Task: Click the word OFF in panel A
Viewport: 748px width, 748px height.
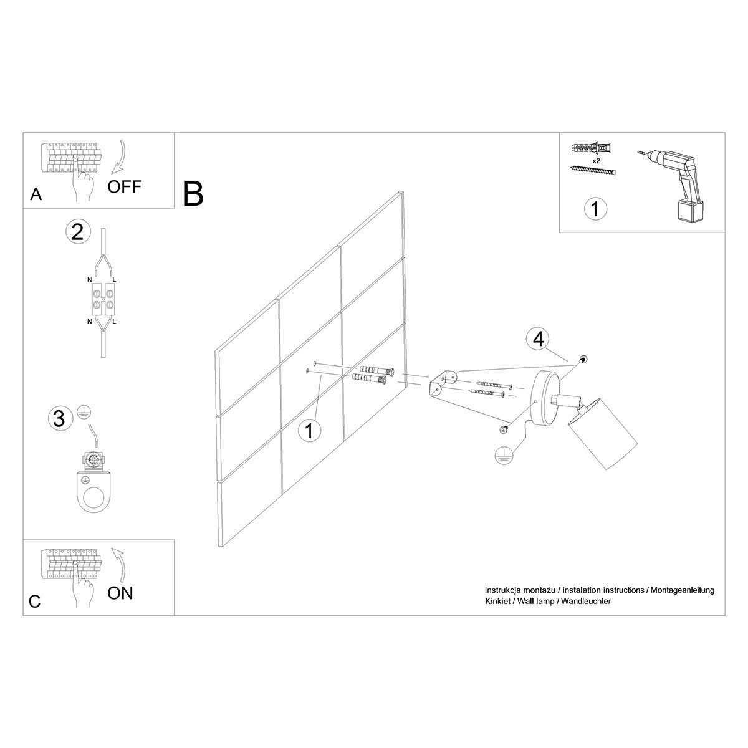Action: (125, 186)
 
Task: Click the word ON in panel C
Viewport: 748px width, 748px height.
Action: (120, 592)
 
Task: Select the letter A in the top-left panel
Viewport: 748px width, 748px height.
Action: (36, 195)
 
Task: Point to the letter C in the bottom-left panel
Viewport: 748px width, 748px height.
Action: (35, 601)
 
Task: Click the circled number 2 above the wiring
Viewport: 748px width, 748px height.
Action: (77, 232)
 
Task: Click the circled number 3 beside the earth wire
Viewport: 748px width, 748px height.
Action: (59, 418)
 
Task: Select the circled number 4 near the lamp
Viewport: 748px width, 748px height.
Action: (538, 339)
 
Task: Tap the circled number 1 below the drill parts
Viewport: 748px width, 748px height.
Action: (595, 209)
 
